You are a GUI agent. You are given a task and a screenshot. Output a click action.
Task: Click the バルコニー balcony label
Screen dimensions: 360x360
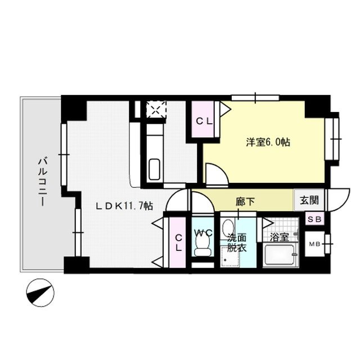(41, 183)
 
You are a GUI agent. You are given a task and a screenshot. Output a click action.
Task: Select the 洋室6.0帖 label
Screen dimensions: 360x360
(268, 143)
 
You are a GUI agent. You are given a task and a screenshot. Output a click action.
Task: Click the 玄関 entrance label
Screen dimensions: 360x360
(308, 199)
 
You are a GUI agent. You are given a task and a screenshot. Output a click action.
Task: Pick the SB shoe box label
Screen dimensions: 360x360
(313, 219)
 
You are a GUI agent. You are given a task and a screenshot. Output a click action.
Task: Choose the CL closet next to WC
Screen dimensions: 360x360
(178, 242)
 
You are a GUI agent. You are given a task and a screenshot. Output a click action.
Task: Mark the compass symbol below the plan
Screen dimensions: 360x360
(40, 291)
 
